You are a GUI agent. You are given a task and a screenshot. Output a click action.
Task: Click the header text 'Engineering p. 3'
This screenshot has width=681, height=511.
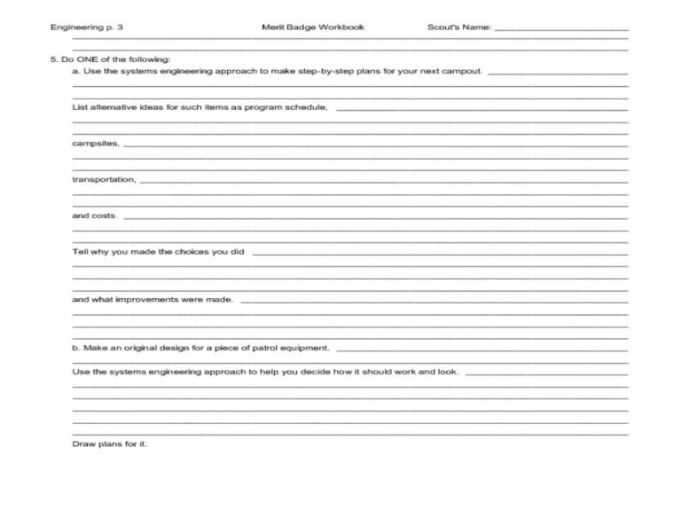[x=87, y=28]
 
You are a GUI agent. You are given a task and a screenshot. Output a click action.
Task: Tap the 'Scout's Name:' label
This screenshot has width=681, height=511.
[x=458, y=28]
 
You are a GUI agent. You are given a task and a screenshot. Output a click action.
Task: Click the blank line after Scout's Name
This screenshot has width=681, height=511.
[x=560, y=30]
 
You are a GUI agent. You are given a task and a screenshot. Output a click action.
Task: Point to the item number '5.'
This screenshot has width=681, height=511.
[x=54, y=59]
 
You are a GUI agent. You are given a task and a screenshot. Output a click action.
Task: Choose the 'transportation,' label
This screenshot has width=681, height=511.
[x=104, y=179]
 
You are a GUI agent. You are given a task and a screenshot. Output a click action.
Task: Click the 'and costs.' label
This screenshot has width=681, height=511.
[x=94, y=216]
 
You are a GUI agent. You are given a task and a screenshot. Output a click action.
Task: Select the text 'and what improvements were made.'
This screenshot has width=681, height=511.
[x=153, y=299]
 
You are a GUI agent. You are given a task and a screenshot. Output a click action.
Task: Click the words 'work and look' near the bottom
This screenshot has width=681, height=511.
[x=429, y=371]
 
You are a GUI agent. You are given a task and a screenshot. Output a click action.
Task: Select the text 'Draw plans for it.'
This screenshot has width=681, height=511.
[x=109, y=443]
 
